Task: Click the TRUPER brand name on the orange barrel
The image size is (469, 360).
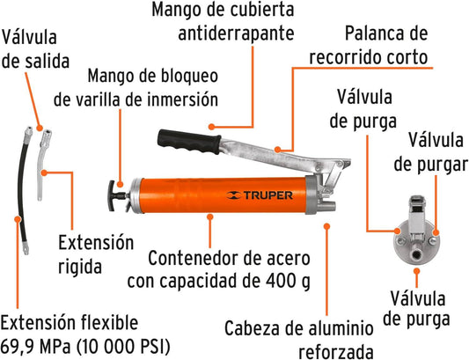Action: (x=268, y=195)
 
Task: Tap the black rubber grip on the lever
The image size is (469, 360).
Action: (x=189, y=142)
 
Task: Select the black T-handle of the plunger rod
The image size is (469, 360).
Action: (x=113, y=196)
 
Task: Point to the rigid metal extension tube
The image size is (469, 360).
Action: (x=43, y=165)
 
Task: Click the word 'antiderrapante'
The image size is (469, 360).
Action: (x=236, y=33)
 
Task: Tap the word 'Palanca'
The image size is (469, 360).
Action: (x=377, y=33)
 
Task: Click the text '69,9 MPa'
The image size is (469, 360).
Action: (x=35, y=347)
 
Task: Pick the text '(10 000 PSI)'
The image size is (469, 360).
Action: (x=123, y=347)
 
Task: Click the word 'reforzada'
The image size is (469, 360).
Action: (x=336, y=351)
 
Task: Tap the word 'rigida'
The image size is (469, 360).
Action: (x=80, y=267)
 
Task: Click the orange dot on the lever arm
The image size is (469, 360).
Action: (x=278, y=149)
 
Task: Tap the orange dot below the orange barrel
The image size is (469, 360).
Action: (x=210, y=217)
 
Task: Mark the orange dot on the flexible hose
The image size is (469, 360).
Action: (x=18, y=219)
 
